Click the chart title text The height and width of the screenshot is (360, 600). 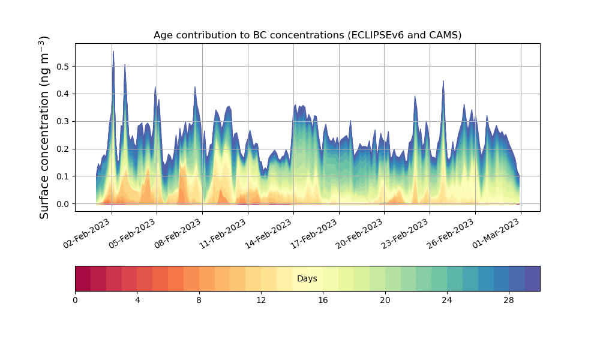coord(307,35)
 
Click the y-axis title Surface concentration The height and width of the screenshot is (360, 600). coord(44,128)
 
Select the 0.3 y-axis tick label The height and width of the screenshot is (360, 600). coord(62,121)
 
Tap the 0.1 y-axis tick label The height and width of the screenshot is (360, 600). coord(62,176)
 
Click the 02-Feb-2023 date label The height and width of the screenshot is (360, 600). coord(88,233)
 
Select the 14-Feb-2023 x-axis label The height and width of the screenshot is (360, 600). coord(269,233)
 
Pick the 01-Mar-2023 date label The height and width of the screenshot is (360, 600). coord(497,233)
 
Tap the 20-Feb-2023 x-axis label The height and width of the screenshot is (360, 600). coord(360,233)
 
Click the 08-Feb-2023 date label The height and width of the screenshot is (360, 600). coord(178,233)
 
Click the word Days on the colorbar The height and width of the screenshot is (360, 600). coord(307,279)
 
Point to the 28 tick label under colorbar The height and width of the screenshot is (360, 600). coord(509,300)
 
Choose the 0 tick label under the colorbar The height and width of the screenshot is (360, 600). coord(75,300)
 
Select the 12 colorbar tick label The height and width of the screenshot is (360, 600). coord(261,300)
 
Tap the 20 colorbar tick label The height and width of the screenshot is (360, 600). coord(385,300)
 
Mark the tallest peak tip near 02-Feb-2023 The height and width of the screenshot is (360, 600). coord(113,52)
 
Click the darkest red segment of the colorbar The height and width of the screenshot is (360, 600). coord(83,278)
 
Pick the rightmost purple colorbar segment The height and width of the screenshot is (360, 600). coord(532,278)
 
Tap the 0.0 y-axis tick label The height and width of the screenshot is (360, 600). coord(62,204)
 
